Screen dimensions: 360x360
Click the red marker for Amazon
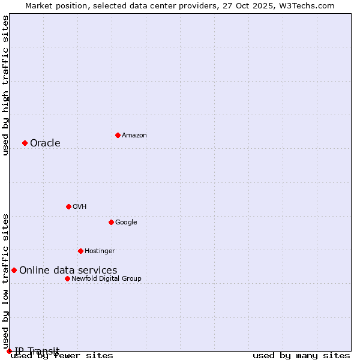click(118, 135)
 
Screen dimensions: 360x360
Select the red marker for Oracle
click(25, 143)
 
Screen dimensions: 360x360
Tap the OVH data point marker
click(68, 206)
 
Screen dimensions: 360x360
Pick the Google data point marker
click(111, 222)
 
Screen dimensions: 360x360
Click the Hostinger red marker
click(80, 251)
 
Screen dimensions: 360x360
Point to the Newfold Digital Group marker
click(67, 278)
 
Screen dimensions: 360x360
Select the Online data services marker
click(14, 270)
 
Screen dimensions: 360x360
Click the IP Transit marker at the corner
click(9, 351)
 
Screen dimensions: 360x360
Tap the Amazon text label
click(134, 135)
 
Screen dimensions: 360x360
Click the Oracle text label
click(45, 143)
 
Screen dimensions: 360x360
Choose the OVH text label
click(79, 206)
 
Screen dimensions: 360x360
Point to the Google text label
click(126, 222)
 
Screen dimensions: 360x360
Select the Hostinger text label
click(100, 251)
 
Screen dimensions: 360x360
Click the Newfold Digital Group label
click(106, 278)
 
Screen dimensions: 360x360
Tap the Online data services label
click(68, 270)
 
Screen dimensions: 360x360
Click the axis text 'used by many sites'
click(301, 356)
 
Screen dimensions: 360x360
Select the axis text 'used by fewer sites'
click(62, 356)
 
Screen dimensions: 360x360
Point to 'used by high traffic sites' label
click(5, 85)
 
